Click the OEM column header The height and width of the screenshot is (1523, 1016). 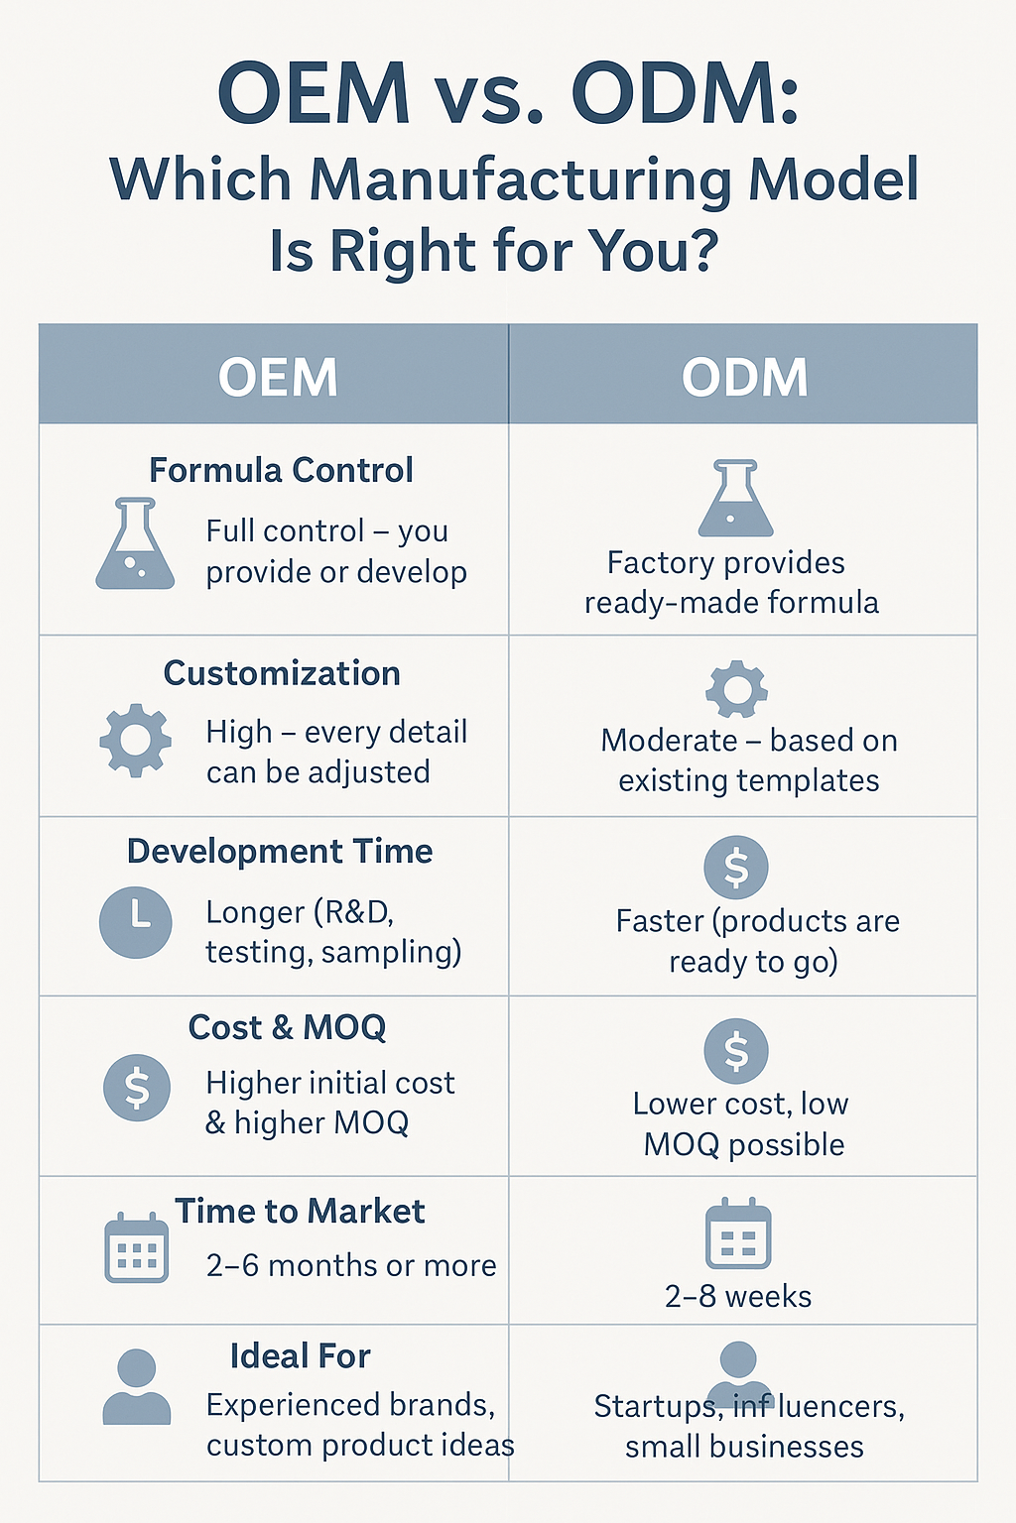click(278, 378)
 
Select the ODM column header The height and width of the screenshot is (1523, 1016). click(744, 378)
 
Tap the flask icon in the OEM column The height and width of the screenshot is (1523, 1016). click(135, 543)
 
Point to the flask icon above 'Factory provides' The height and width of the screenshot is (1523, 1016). click(735, 498)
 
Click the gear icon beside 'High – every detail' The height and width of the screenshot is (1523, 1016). click(135, 740)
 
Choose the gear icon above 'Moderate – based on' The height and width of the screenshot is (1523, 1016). click(736, 689)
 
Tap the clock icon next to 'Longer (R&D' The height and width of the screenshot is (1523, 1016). click(135, 922)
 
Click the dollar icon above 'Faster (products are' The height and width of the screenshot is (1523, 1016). click(735, 868)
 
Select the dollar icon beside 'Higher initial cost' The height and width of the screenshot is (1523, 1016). click(137, 1088)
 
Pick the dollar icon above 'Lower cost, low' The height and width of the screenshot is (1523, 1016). click(736, 1050)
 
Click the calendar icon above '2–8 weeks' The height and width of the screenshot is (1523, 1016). click(738, 1232)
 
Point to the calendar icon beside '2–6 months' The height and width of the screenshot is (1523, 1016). click(136, 1247)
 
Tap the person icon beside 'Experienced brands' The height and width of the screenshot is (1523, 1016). click(137, 1386)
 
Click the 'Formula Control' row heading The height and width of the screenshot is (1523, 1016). click(281, 470)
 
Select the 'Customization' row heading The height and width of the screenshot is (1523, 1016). click(282, 673)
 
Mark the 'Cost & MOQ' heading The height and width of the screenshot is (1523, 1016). click(287, 1026)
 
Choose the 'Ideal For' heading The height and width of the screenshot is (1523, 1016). click(300, 1355)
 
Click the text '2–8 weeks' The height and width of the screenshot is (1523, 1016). click(738, 1297)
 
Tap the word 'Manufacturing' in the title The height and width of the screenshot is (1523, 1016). click(521, 179)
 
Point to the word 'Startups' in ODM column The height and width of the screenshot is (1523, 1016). click(656, 1407)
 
